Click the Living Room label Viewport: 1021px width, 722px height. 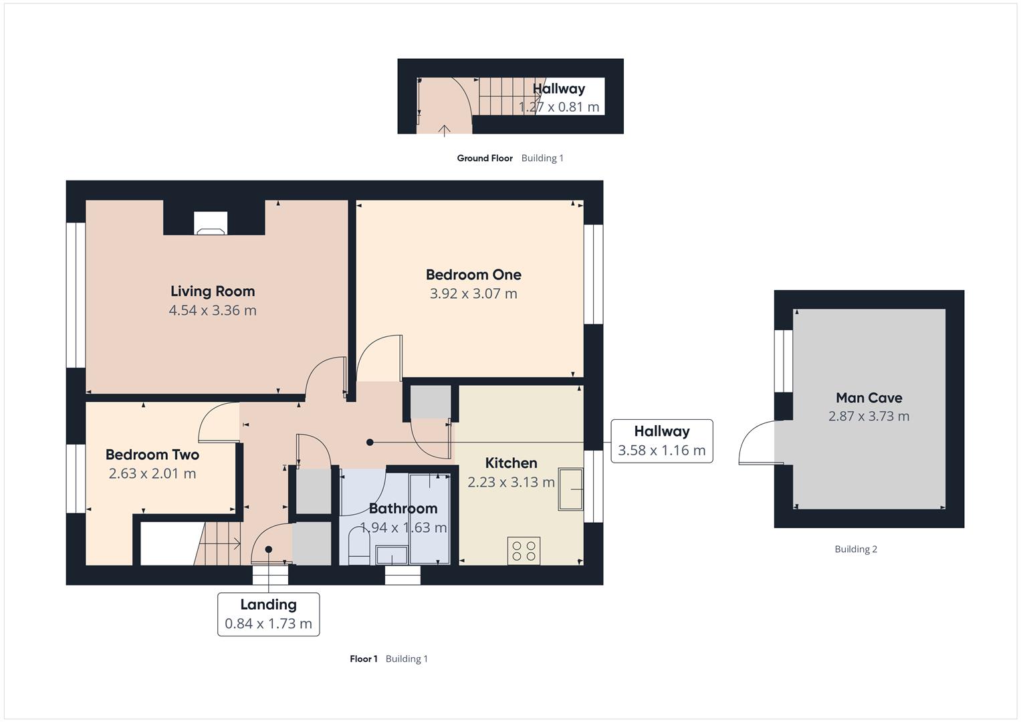coord(213,291)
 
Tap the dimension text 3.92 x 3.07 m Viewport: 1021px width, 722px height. coord(473,293)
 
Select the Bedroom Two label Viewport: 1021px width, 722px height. coord(152,455)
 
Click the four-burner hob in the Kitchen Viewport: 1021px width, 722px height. coord(524,551)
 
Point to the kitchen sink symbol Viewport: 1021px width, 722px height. coord(571,490)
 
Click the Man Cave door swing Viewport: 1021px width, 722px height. coord(758,444)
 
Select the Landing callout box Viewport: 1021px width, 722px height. coord(268,614)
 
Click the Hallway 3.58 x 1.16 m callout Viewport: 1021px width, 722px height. coord(661,441)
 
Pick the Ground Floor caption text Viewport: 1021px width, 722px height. coord(485,158)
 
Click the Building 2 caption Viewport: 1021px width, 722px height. coord(855,550)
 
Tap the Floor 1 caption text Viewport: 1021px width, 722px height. coord(363,659)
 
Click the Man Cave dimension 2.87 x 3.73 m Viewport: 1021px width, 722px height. coord(869,416)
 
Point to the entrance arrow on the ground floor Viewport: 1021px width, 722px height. coord(444,130)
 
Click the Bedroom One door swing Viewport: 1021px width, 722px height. coord(378,357)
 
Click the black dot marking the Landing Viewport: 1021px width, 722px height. coord(269,550)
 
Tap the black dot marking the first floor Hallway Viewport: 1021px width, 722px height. coord(370,443)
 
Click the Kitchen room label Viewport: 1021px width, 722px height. coord(511,463)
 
